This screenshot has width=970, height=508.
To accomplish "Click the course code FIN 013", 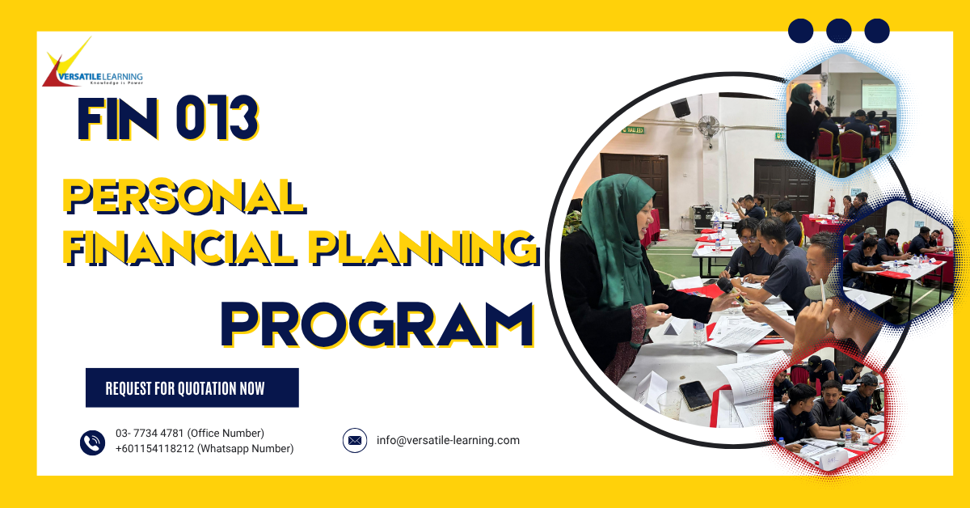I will (x=167, y=118).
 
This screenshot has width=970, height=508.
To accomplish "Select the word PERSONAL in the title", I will (x=184, y=196).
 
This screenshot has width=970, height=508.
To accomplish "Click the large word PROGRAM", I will (x=377, y=324).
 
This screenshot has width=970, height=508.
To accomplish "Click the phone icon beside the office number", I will (x=93, y=442).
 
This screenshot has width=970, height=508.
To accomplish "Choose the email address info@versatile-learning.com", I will (x=448, y=441).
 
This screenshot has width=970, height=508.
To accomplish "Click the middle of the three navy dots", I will (x=839, y=31).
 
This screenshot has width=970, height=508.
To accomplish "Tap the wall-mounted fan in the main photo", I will (x=708, y=127).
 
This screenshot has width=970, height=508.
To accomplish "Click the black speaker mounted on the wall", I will (x=681, y=108).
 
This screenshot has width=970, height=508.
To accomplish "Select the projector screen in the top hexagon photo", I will (x=879, y=95).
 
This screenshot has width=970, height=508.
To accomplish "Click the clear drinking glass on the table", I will (x=670, y=403).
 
